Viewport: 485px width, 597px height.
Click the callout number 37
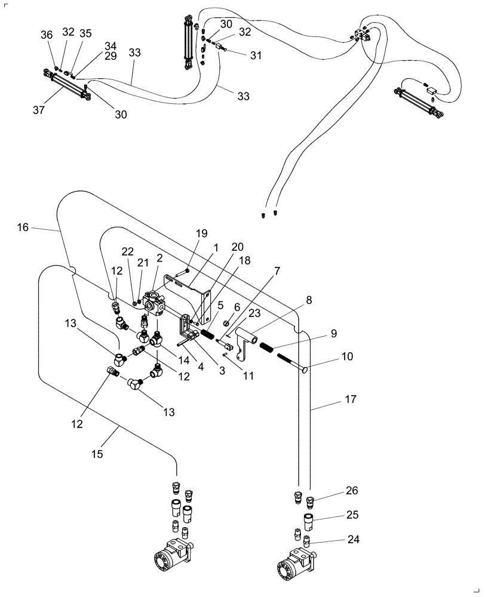[39, 109]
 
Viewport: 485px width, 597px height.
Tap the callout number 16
[23, 227]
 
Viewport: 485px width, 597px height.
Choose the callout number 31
[256, 56]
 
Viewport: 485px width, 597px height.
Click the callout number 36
[47, 34]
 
